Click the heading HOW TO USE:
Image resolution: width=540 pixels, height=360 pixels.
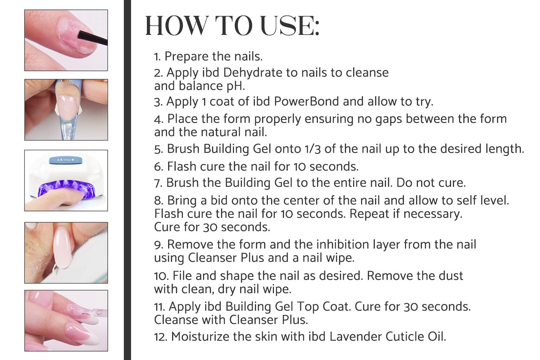[232, 26]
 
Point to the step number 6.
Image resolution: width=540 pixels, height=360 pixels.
[158, 167]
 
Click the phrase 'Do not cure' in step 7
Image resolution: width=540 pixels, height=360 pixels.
[431, 183]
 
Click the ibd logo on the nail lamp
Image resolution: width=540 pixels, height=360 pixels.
[66, 160]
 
